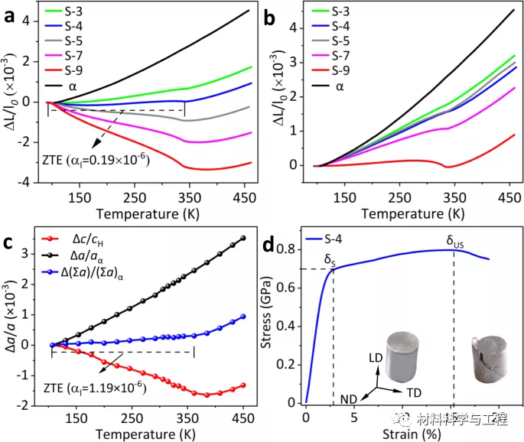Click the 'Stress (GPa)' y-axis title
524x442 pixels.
click(272, 324)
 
